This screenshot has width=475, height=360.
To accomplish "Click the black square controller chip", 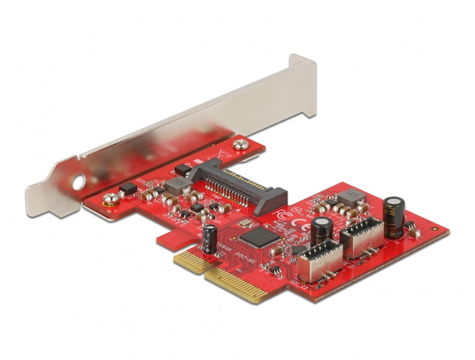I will (x=253, y=237).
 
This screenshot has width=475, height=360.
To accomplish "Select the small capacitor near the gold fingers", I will (x=211, y=237).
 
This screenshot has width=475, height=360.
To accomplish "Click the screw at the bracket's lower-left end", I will (x=107, y=200).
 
